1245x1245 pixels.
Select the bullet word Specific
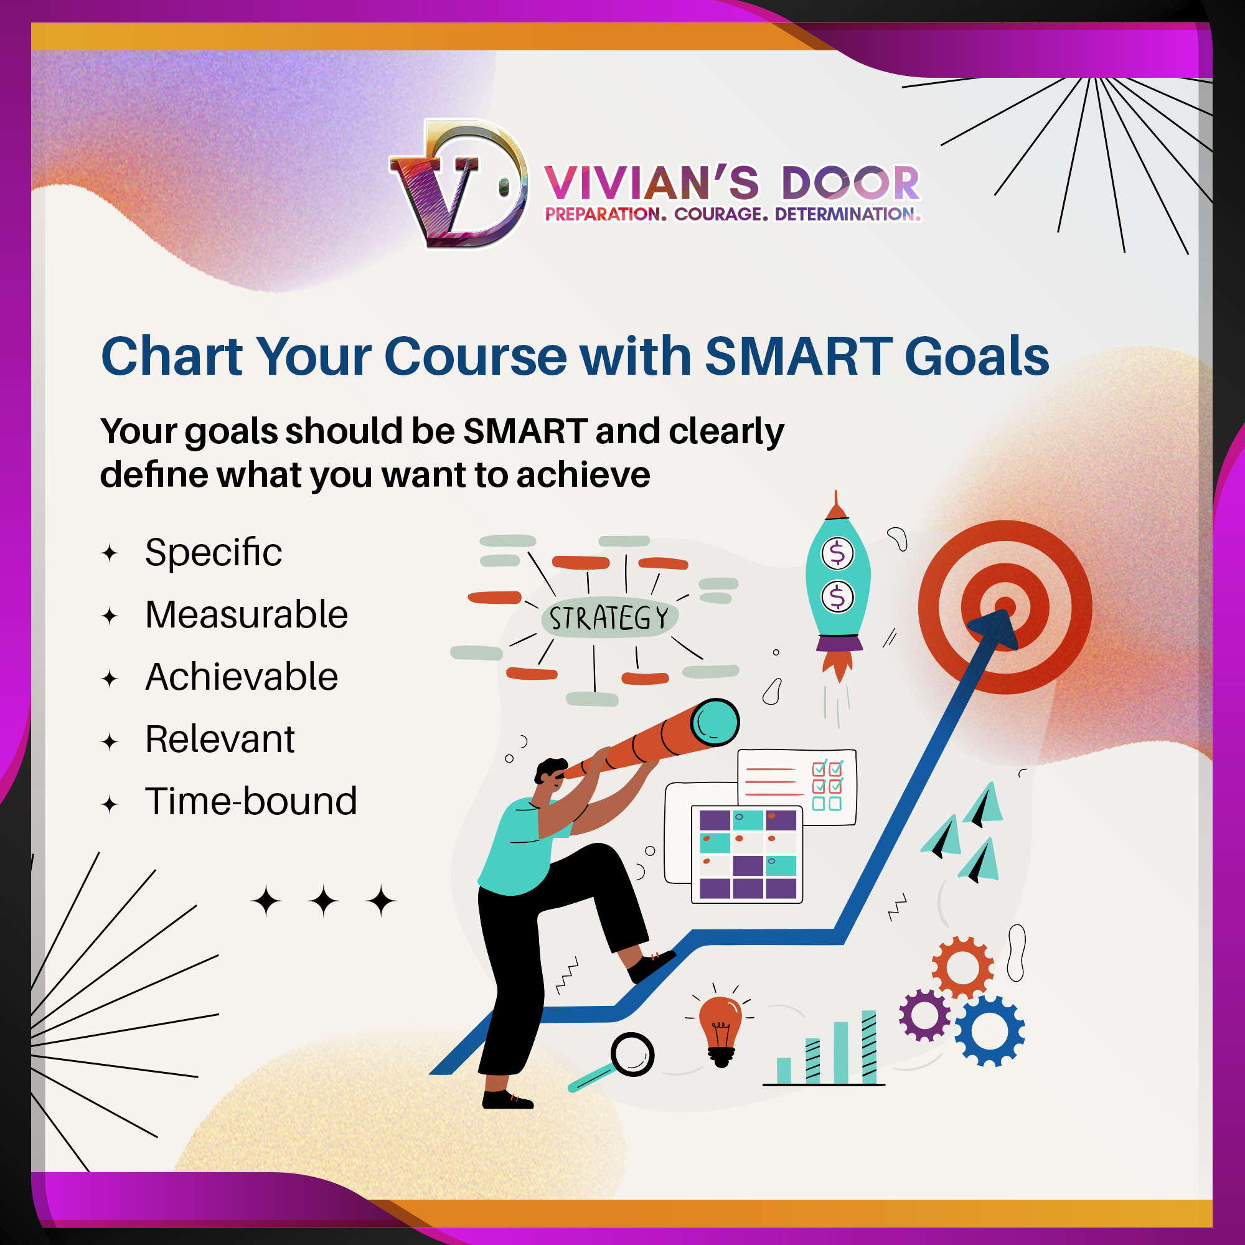click(214, 553)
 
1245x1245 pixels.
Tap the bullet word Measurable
click(246, 614)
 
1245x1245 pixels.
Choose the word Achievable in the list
click(242, 677)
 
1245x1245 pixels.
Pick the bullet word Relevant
click(220, 739)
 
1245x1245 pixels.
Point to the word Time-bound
click(251, 801)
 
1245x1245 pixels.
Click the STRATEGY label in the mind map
click(609, 618)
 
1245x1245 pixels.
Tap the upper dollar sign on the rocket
click(837, 553)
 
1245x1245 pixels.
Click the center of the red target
click(1005, 607)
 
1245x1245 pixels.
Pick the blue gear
click(989, 1030)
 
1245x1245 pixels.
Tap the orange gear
click(962, 967)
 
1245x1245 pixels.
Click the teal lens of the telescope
click(715, 722)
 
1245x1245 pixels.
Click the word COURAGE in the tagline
click(721, 214)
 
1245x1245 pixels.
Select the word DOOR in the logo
click(851, 183)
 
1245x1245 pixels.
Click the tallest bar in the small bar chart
click(869, 1046)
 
